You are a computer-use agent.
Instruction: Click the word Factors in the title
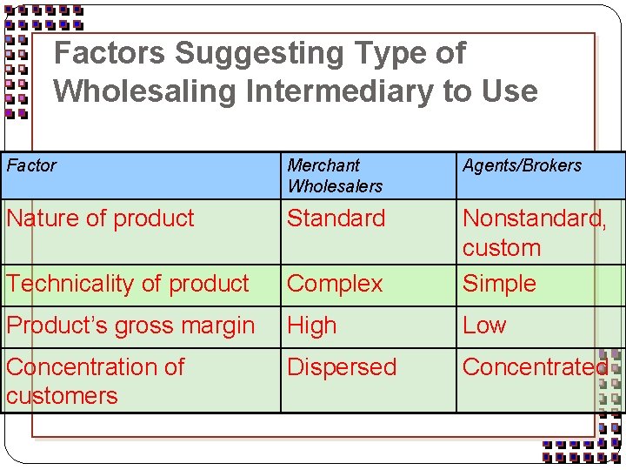(110, 54)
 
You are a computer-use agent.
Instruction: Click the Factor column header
(32, 165)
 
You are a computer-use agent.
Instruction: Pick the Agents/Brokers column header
(522, 165)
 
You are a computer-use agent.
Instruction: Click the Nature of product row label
(100, 218)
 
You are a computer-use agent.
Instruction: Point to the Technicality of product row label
(128, 284)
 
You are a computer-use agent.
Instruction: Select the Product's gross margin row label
(130, 326)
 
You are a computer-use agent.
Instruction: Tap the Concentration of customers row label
(95, 380)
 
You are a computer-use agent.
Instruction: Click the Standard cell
(336, 218)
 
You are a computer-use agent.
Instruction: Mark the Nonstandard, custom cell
(534, 232)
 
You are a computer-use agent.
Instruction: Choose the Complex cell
(335, 284)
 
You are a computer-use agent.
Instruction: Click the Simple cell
(499, 284)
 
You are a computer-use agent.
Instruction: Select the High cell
(311, 326)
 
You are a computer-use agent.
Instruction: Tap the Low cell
(484, 326)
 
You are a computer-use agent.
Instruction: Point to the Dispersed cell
(342, 367)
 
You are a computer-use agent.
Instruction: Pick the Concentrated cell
(534, 367)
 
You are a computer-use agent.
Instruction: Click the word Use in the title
(510, 91)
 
